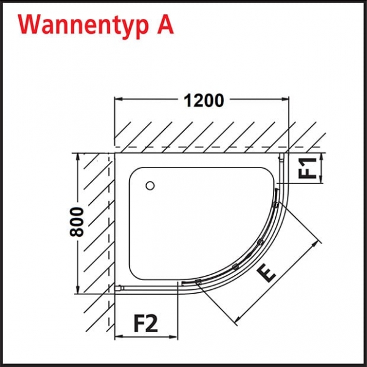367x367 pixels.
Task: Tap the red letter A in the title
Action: click(165, 25)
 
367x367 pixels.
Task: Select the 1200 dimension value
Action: click(204, 101)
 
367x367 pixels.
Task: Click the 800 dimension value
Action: click(76, 222)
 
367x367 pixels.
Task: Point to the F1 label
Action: click(307, 168)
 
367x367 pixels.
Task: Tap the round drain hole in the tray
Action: click(150, 186)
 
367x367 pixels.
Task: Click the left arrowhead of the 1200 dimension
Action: click(119, 99)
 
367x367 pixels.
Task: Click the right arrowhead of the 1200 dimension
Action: click(285, 99)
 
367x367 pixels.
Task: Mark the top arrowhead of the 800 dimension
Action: click(78, 158)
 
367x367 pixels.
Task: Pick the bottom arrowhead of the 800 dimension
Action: click(78, 289)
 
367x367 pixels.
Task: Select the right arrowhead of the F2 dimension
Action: click(174, 336)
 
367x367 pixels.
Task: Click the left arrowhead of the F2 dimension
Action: click(119, 336)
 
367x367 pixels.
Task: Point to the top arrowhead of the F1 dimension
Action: click(322, 158)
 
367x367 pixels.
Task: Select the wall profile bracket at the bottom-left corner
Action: click(119, 288)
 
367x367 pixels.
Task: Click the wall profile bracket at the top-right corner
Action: click(281, 157)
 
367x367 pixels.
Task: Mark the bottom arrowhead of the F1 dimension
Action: click(322, 179)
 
